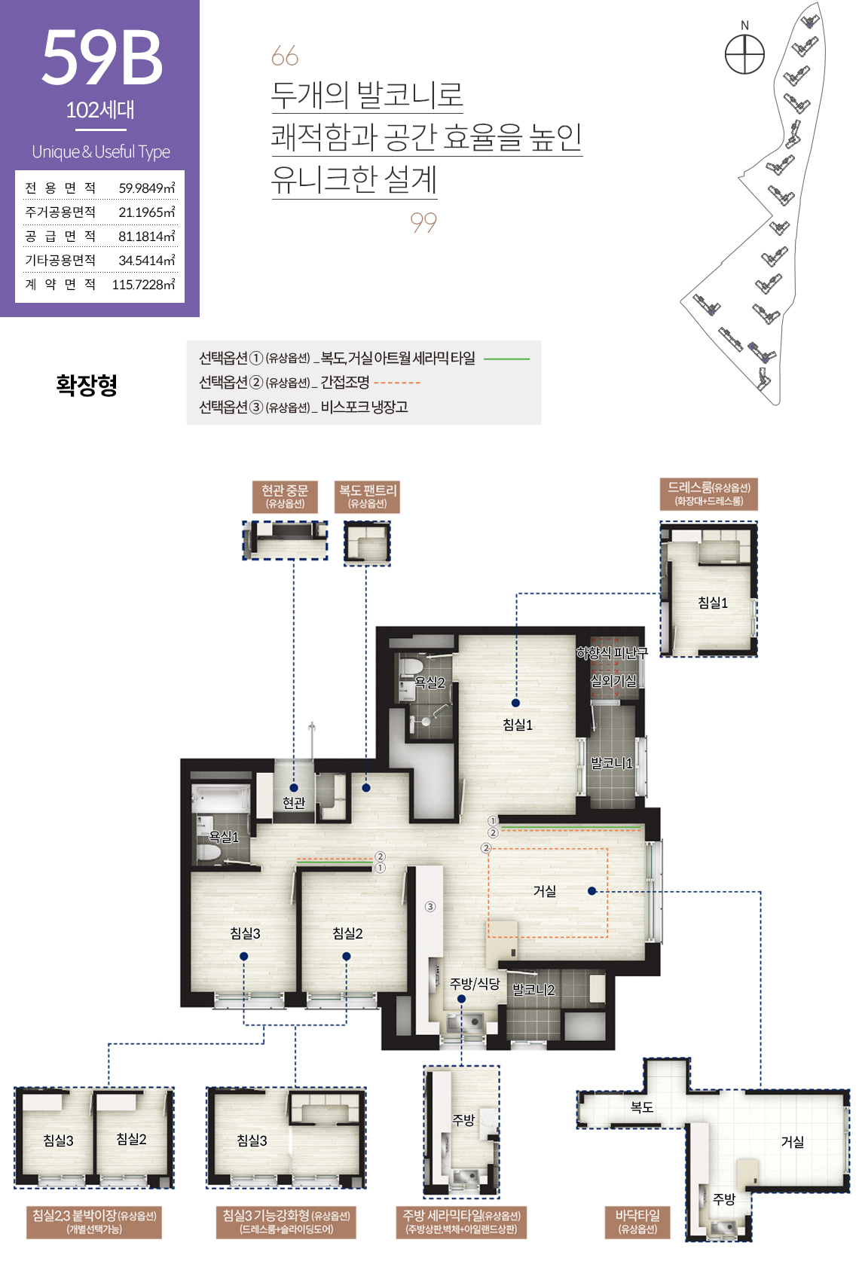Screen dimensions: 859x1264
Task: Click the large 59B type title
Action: pos(102,57)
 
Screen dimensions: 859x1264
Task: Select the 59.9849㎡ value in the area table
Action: pos(147,188)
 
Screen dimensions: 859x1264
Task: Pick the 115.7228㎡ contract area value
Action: pos(143,285)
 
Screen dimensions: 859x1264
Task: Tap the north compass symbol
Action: pos(744,53)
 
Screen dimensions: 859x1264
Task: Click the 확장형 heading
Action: pos(87,385)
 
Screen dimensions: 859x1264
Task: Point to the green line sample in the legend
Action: pos(507,359)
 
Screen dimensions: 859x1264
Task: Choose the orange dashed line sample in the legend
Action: pos(397,383)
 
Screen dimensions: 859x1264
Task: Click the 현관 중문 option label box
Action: pos(285,496)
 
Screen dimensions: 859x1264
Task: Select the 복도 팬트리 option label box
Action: pos(368,496)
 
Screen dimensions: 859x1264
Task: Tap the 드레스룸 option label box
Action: pos(709,493)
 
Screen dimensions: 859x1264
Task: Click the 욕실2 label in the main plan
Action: pos(430,682)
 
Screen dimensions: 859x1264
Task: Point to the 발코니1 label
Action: pos(612,764)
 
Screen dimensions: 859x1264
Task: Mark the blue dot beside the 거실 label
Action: pos(592,891)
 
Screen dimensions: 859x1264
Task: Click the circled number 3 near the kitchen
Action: pos(430,907)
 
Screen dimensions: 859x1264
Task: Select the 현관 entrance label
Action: pos(293,802)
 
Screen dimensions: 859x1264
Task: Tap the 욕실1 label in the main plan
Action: pos(224,837)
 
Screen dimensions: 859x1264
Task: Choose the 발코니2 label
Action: pos(533,990)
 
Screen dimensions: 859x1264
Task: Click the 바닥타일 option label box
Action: pos(637,1223)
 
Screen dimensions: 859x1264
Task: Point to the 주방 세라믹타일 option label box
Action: pos(462,1223)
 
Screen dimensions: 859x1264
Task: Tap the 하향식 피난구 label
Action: pos(612,653)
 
